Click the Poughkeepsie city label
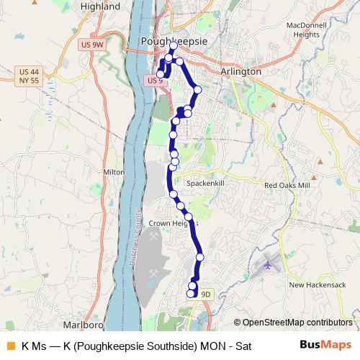[x=176, y=42]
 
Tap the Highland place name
[x=101, y=6]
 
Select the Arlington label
[x=241, y=72]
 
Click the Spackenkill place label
[x=207, y=184]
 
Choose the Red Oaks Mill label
[x=287, y=185]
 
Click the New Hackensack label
[x=318, y=285]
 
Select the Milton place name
[x=114, y=173]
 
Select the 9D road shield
[x=206, y=294]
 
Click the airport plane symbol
[x=269, y=265]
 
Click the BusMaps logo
[x=325, y=345]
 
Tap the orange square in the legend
[x=10, y=345]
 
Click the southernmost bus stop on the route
[x=192, y=293]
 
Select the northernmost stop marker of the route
[x=174, y=45]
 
